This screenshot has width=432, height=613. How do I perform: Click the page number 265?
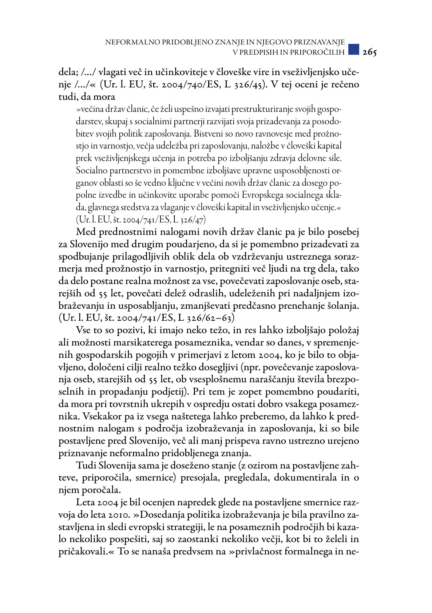click(x=369, y=52)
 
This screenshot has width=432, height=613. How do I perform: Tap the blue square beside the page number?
click(x=353, y=50)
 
